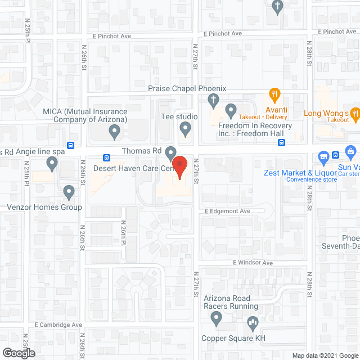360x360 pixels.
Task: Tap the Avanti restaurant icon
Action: pos(274,94)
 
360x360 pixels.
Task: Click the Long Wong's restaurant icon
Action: pos(355,114)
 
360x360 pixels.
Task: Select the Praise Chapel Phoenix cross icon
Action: pos(213,101)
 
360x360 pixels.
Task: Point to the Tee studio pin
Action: pos(186,129)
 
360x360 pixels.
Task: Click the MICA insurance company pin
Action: pos(114,132)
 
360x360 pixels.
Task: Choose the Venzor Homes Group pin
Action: pos(69,192)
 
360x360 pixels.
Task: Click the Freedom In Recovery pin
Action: pos(231,109)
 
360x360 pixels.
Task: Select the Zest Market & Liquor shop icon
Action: pos(323,156)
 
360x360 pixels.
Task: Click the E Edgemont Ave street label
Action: pos(227,211)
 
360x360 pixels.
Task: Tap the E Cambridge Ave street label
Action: pos(58,325)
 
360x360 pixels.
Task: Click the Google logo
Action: pos(18,353)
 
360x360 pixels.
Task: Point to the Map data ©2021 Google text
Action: pos(325,355)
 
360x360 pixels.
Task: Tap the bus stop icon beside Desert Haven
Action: pos(106,157)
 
